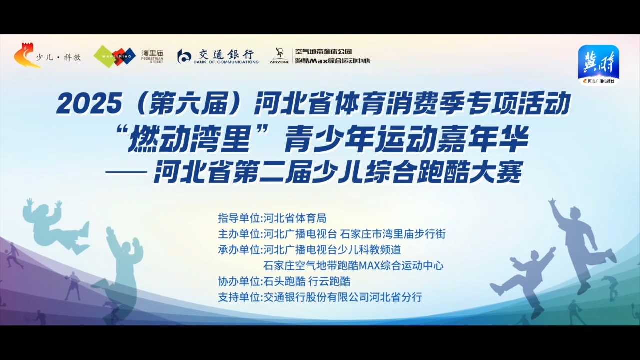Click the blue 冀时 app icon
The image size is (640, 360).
599,65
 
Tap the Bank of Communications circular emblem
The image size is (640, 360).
184,56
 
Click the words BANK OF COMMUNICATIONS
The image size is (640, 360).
226,62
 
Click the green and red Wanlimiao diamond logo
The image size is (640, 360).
115,57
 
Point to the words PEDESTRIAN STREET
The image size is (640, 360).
152,60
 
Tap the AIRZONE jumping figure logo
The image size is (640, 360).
279,55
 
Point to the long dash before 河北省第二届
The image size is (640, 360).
126,172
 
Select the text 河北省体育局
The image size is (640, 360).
295,218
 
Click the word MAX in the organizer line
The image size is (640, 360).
369,266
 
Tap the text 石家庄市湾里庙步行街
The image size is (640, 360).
393,234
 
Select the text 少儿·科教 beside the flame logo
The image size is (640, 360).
59,57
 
